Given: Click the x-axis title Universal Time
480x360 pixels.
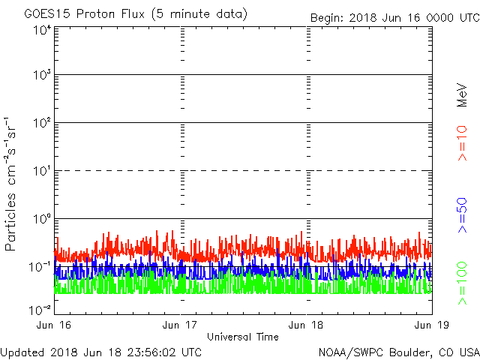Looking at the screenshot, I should coord(243,337).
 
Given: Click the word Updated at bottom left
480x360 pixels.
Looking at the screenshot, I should coord(22,351).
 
